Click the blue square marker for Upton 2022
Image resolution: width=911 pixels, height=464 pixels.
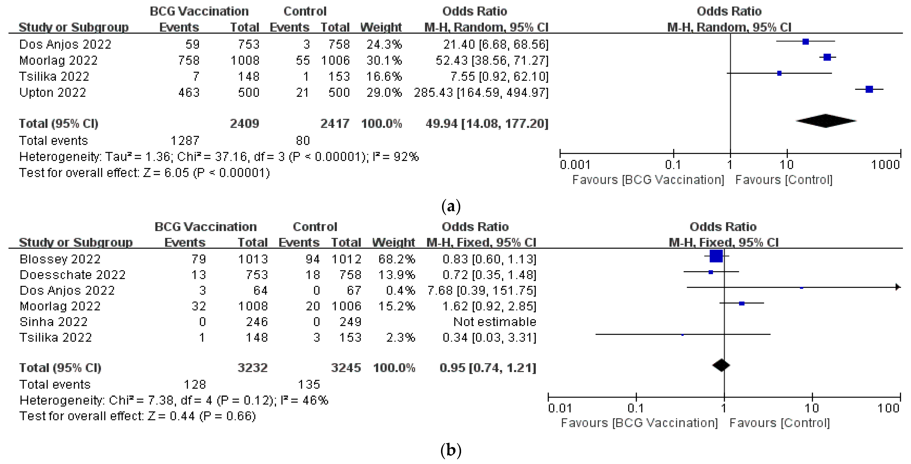tap(869, 89)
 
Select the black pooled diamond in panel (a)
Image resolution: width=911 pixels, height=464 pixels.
tap(826, 121)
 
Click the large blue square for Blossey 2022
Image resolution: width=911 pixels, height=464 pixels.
tap(716, 256)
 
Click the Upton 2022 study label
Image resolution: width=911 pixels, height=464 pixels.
tap(53, 93)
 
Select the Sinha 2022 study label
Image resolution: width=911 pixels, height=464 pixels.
tap(54, 322)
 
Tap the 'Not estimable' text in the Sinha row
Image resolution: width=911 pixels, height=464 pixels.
tap(494, 322)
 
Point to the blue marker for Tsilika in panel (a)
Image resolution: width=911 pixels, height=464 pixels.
tap(779, 73)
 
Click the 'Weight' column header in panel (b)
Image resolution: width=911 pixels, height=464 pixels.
tap(393, 243)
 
